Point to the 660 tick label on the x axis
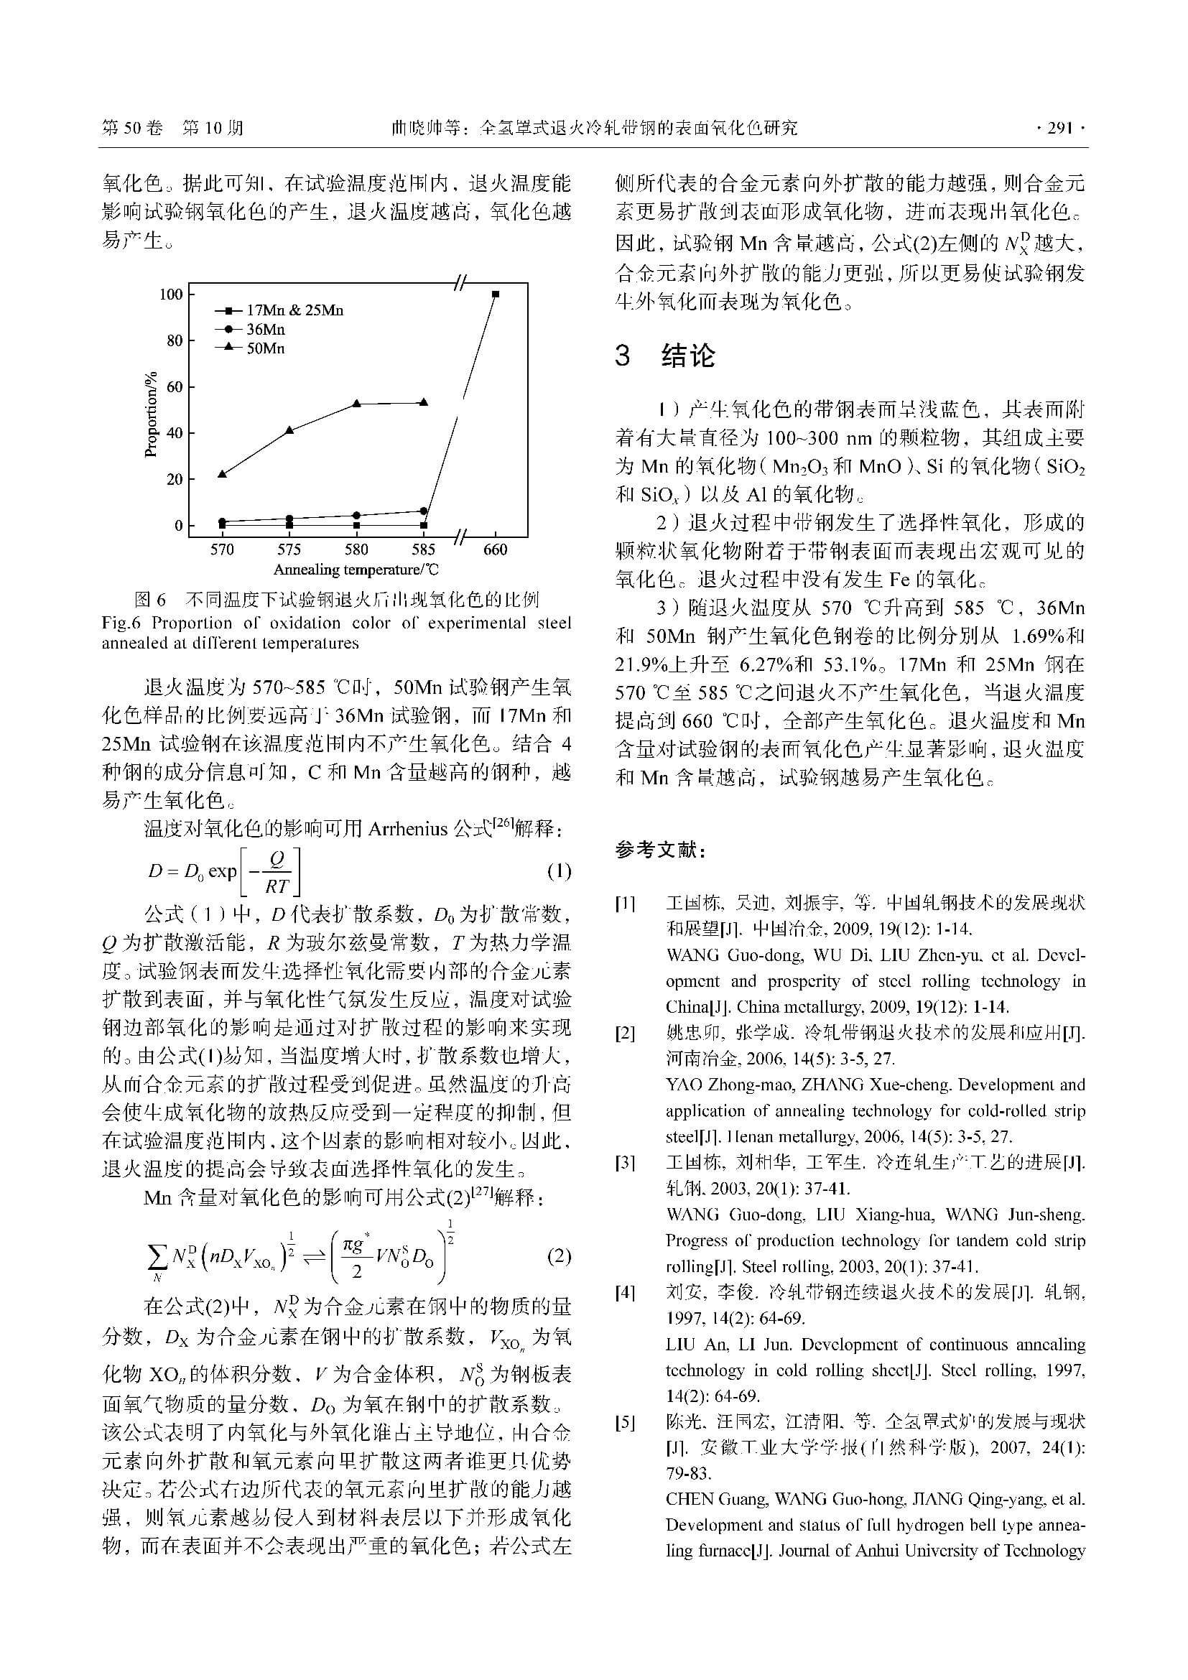(x=496, y=549)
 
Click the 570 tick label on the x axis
(x=222, y=549)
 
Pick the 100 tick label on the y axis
(x=171, y=294)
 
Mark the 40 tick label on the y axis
(x=174, y=433)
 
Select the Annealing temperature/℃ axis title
(x=356, y=570)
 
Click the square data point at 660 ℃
(x=496, y=294)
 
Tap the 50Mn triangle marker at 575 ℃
(x=289, y=430)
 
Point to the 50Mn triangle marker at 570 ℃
(x=222, y=474)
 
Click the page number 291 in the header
(x=1059, y=129)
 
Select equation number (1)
(x=560, y=871)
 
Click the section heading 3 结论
(x=665, y=356)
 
